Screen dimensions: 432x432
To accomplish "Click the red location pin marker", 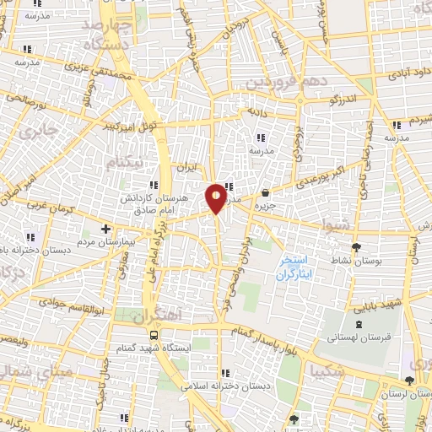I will pyautogui.click(x=217, y=198).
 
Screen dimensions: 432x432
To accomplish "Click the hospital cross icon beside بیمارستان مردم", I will pyautogui.click(x=105, y=229).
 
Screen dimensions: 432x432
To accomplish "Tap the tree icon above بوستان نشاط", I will pyautogui.click(x=356, y=246).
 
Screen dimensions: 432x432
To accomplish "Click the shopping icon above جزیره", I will pyautogui.click(x=266, y=192).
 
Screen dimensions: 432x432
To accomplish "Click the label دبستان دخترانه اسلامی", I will pyautogui.click(x=224, y=385).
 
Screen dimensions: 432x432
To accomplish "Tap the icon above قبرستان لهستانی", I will pyautogui.click(x=360, y=323).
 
